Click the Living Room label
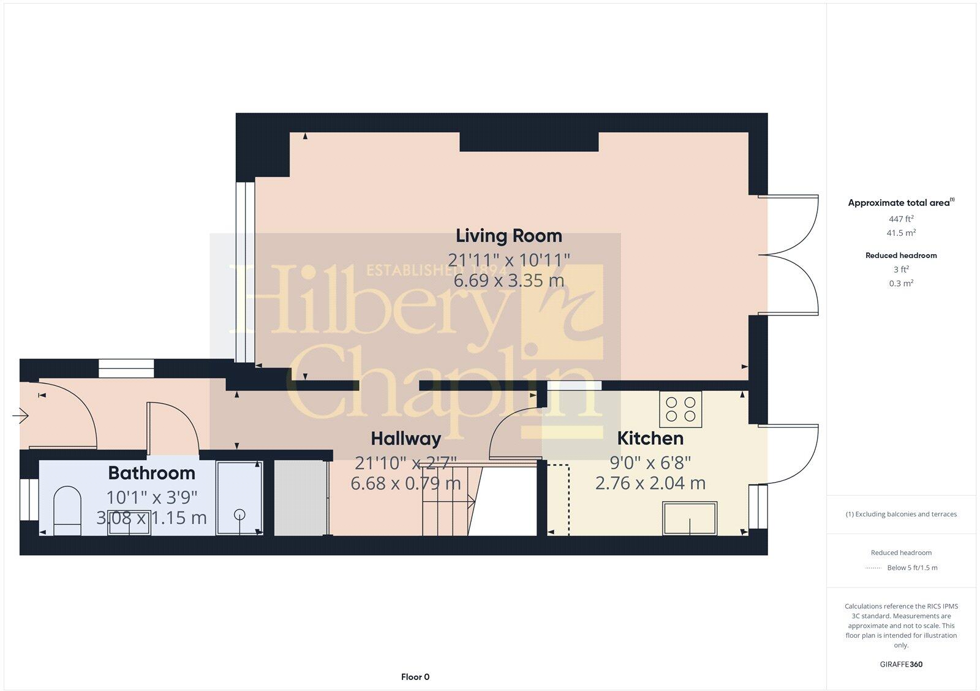tap(508, 236)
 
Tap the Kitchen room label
tap(650, 439)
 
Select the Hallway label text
tap(405, 439)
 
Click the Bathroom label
tap(151, 473)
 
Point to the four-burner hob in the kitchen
tap(680, 409)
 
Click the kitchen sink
tap(690, 519)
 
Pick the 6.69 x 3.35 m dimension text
tap(508, 281)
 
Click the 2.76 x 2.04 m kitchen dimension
tap(650, 483)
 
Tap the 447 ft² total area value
tap(901, 219)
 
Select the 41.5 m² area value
tap(901, 233)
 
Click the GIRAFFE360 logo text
tap(901, 664)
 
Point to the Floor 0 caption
tap(415, 677)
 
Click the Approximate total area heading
tap(899, 203)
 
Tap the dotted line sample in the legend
tap(872, 568)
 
